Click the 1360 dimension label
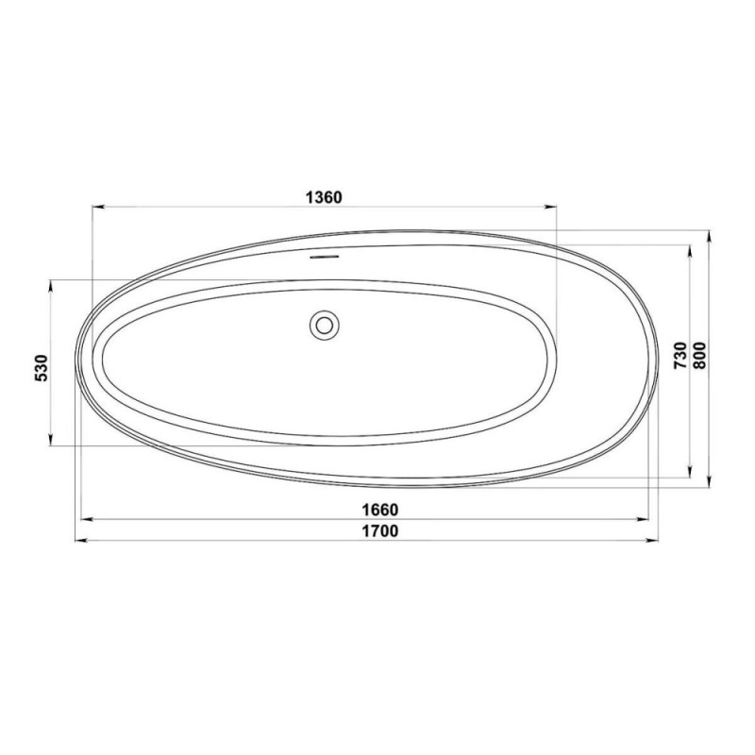[x=324, y=197]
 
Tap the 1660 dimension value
[x=380, y=509]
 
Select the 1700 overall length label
[x=380, y=530]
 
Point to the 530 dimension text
[x=42, y=368]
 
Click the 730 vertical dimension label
[x=680, y=356]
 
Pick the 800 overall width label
[x=699, y=356]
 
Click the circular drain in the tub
[x=324, y=325]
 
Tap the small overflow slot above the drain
[x=324, y=257]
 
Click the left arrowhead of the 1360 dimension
[x=99, y=207]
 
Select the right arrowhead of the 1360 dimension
[x=550, y=207]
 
